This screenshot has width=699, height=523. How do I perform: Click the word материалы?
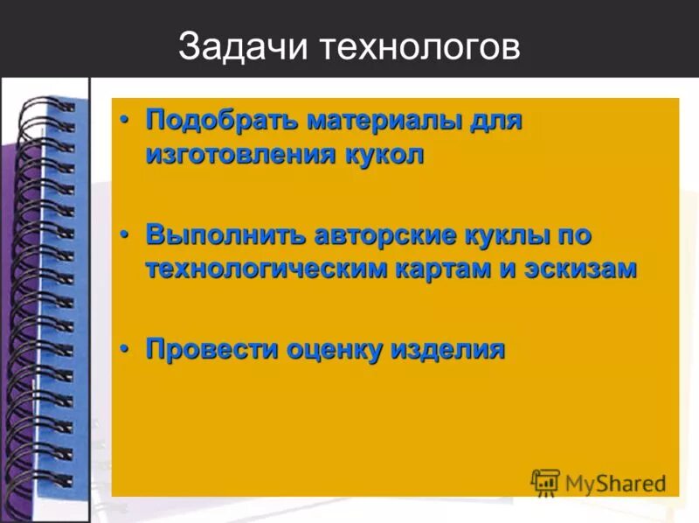[373, 121]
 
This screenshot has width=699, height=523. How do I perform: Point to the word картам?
[453, 269]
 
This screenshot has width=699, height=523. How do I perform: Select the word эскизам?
[580, 269]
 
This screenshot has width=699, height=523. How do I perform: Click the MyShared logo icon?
[546, 481]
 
